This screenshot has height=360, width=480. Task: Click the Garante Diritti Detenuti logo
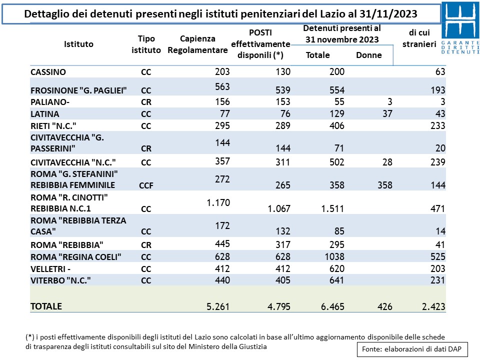click(x=460, y=28)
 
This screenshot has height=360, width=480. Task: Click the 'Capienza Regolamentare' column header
click(x=197, y=44)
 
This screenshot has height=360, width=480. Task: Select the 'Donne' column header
click(x=369, y=55)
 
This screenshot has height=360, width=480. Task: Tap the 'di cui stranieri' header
click(x=419, y=38)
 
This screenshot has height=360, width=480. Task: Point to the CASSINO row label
click(x=48, y=72)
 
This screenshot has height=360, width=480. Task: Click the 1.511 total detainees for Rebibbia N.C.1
click(x=332, y=209)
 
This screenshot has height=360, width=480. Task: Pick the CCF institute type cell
click(x=146, y=185)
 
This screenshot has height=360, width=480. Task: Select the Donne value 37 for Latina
click(x=387, y=114)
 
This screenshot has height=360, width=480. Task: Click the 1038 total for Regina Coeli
click(x=334, y=256)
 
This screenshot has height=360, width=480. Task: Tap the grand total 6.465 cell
click(x=332, y=306)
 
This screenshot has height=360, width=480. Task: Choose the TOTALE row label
click(x=46, y=306)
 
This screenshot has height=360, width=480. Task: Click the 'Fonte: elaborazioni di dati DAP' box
click(x=412, y=349)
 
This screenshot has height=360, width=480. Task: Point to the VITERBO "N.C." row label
click(x=60, y=280)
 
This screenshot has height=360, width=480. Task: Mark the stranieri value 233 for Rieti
click(x=438, y=126)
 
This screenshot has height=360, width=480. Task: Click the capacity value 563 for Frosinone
click(x=222, y=86)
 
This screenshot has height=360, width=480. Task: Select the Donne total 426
click(x=385, y=306)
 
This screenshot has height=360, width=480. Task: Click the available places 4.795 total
click(x=279, y=306)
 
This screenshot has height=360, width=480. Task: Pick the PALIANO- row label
click(x=50, y=102)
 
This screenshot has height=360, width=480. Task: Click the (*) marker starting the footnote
click(x=30, y=337)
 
